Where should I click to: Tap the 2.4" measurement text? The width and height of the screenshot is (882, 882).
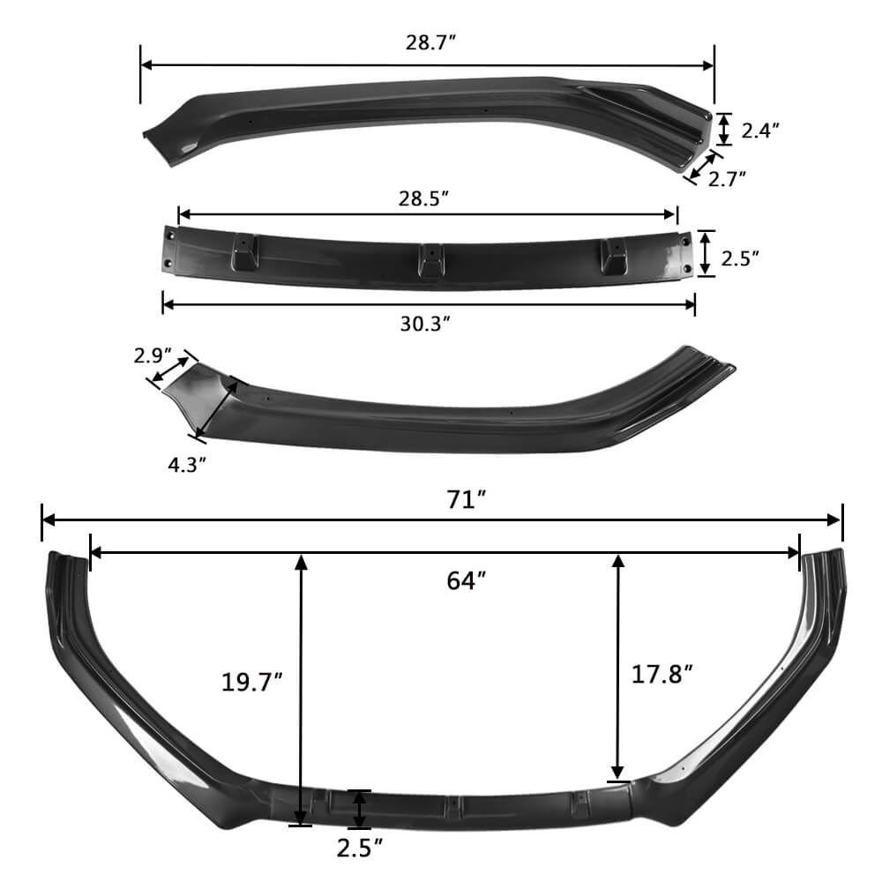[x=760, y=131]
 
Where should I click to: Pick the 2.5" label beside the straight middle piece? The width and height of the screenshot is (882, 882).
[x=740, y=258]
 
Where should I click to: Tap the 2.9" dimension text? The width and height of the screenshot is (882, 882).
[x=153, y=355]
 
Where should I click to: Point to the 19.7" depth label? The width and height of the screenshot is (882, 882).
[x=252, y=682]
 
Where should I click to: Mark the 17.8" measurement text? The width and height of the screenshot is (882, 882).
[x=662, y=675]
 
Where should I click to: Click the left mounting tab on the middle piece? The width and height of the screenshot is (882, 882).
[x=243, y=252]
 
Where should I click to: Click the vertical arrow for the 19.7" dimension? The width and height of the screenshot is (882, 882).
[x=302, y=688]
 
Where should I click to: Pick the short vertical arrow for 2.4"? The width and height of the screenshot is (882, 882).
[x=724, y=129]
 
